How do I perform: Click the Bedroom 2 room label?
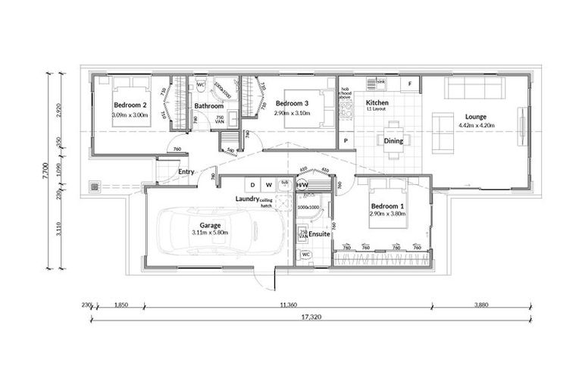pos(129,105)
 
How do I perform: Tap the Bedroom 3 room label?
pos(291,104)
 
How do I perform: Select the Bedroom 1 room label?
pos(386,206)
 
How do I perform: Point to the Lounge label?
pos(476,117)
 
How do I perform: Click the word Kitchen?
pos(377,102)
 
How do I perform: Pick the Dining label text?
pos(393,141)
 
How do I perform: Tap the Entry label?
pos(186,172)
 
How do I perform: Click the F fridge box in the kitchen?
pos(410,83)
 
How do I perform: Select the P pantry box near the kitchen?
pos(346,141)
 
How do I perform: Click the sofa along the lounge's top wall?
pos(474,89)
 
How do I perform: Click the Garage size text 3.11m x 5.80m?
pos(209,233)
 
